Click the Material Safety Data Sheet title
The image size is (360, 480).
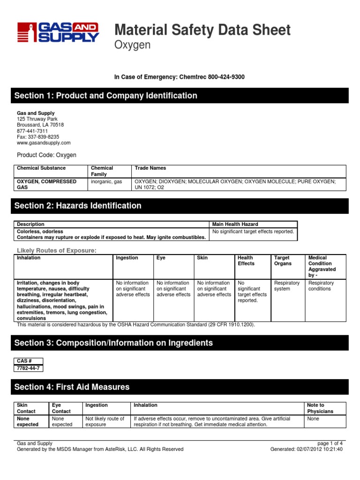(202, 30)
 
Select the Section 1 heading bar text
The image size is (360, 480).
(106, 96)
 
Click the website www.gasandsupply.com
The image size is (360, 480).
(44, 143)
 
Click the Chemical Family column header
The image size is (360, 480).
(102, 171)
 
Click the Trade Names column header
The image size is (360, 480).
(150, 168)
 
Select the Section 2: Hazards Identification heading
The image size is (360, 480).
(78, 206)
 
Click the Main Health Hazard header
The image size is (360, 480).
(235, 225)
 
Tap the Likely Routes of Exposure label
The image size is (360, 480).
(57, 251)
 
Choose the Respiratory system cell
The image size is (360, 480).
(286, 286)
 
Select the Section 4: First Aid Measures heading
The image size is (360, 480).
(72, 387)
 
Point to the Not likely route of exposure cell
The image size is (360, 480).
(105, 421)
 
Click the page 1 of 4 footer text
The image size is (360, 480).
(330, 443)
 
